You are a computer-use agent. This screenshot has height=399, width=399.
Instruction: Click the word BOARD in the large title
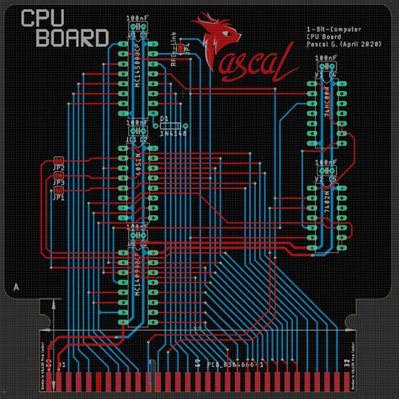tap(65, 37)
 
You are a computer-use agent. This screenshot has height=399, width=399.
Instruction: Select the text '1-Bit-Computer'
tap(331, 30)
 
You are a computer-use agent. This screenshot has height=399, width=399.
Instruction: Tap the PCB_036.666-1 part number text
tap(235, 364)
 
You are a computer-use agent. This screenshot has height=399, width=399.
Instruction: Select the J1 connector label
tap(60, 365)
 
